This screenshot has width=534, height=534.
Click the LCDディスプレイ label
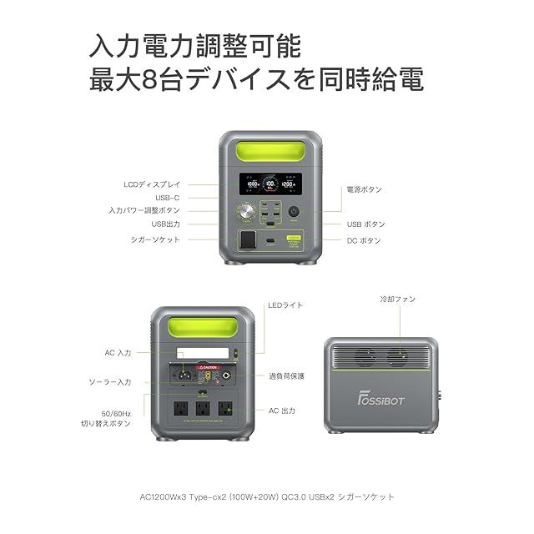pyautogui.click(x=151, y=184)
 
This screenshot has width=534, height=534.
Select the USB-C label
pyautogui.click(x=167, y=198)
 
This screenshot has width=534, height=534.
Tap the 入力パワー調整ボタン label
pyautogui.click(x=144, y=210)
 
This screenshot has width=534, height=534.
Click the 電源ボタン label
pyautogui.click(x=364, y=189)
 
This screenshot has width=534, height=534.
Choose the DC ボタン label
pyautogui.click(x=364, y=240)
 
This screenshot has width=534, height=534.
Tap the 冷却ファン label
pyautogui.click(x=397, y=299)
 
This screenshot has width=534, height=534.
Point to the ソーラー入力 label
pyautogui.click(x=110, y=381)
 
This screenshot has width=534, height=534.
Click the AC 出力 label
pyautogui.click(x=281, y=411)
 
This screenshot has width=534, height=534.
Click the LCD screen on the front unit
pyautogui.click(x=267, y=184)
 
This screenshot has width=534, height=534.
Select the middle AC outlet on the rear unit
pyautogui.click(x=202, y=410)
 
